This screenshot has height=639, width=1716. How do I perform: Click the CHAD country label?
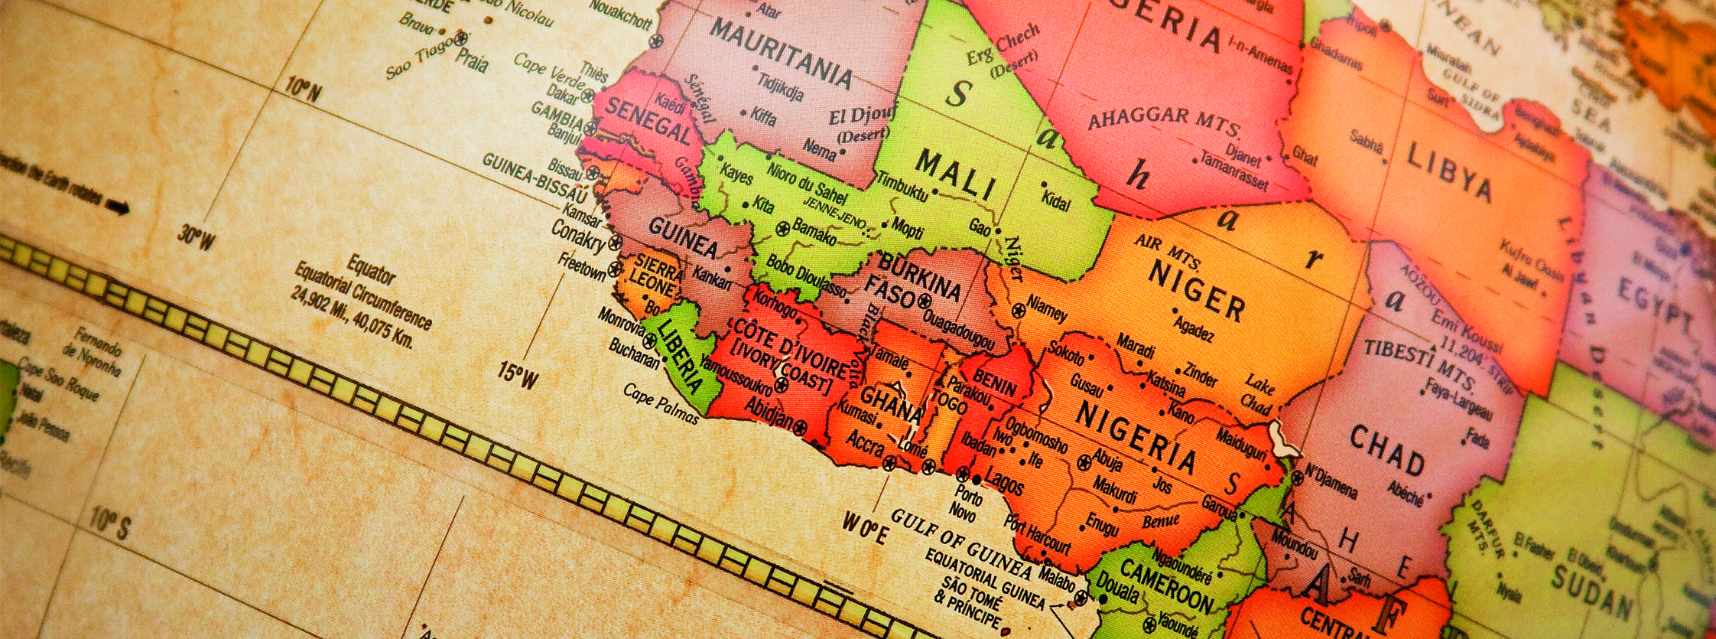coord(1386,451)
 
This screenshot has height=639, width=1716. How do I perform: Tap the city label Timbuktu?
coord(902,187)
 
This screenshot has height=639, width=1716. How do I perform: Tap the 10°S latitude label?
coord(109,523)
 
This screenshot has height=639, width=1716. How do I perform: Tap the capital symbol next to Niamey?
coord(1018,311)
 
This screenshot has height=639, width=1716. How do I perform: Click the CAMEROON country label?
coord(1166,585)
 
